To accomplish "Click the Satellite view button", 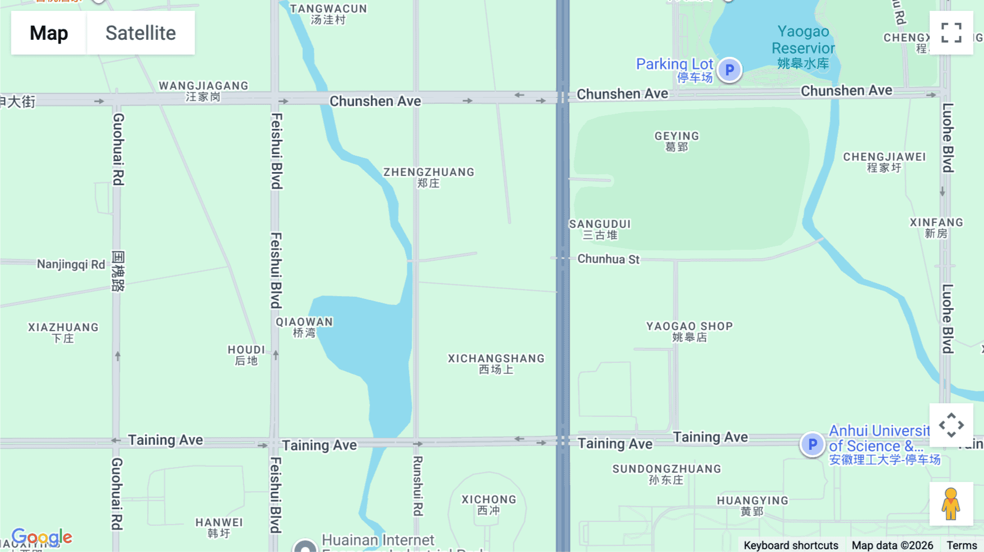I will [x=140, y=33].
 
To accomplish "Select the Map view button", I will [x=49, y=33].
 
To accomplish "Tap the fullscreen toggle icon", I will [x=951, y=33].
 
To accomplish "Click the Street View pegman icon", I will [x=951, y=504].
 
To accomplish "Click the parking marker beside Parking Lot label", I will [x=729, y=70].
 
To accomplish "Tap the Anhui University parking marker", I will [x=812, y=445].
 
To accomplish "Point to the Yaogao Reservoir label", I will [x=803, y=47].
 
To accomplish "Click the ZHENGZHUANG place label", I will [x=429, y=177].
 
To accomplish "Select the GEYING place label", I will [x=677, y=141].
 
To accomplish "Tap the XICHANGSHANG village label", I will [x=496, y=363].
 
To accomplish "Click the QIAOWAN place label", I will [x=304, y=327].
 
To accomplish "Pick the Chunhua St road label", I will [x=608, y=259].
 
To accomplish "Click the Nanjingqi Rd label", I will [x=71, y=265].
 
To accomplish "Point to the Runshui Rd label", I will [x=418, y=486].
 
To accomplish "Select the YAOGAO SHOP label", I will [x=689, y=331].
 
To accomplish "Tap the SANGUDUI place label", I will [x=600, y=229].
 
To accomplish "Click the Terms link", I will [x=962, y=545].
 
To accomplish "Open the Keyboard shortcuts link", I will [x=790, y=545].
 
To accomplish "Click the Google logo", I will [x=42, y=537].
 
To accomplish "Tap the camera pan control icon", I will [x=951, y=425].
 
